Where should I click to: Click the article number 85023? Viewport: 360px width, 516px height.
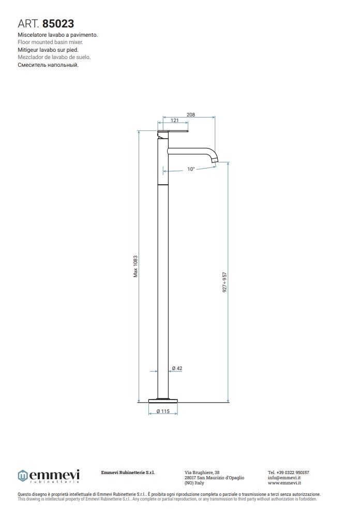tap(58, 24)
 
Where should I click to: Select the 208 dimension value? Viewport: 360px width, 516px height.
tap(191, 115)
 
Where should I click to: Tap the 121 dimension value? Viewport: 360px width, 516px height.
tap(175, 121)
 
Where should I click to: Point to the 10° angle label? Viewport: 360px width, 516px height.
tap(191, 169)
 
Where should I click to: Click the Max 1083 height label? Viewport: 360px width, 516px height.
tap(136, 266)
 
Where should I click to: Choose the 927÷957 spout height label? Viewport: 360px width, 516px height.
tap(224, 282)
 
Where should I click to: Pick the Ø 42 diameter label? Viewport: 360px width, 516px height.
tap(177, 368)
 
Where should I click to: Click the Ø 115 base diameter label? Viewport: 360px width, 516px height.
tap(163, 411)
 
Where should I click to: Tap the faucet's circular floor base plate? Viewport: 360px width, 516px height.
tap(163, 401)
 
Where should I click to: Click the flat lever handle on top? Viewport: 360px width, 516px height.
tap(173, 131)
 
